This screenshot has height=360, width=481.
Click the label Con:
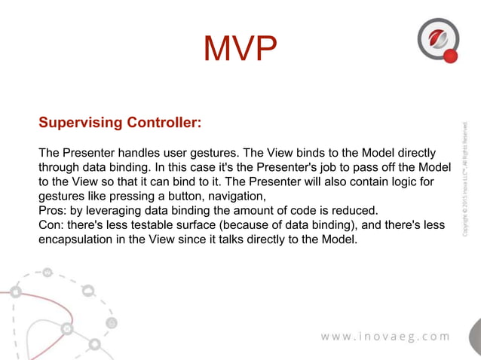51,225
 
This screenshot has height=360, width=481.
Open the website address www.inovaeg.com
384,336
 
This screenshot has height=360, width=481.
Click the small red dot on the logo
451,56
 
